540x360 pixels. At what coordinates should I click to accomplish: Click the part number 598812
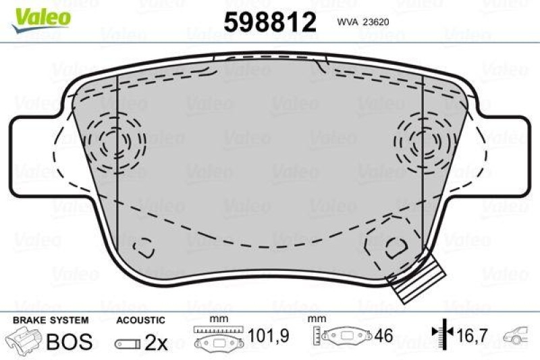[x=269, y=22]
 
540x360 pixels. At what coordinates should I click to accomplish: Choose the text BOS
[x=69, y=341]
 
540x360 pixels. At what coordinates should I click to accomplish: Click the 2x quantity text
[x=156, y=342]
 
